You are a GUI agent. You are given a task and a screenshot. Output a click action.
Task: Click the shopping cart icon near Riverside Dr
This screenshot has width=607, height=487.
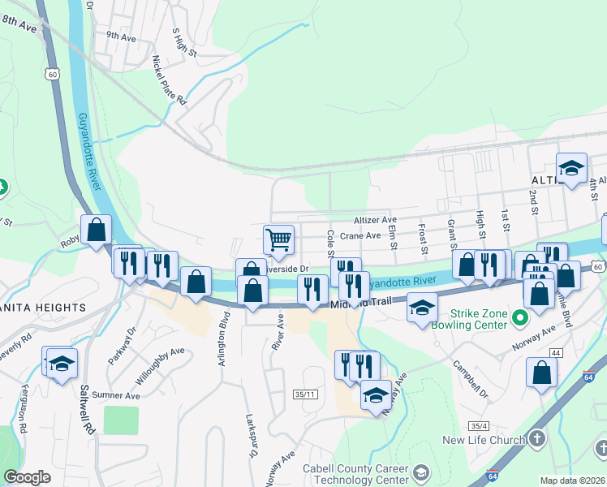(x=278, y=239)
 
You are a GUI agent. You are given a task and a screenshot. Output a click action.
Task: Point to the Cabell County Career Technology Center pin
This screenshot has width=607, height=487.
(x=420, y=472)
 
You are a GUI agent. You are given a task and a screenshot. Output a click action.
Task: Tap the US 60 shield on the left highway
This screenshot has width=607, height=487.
(x=53, y=74)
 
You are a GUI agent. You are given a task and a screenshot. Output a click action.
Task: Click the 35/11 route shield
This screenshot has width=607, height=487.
(x=303, y=394)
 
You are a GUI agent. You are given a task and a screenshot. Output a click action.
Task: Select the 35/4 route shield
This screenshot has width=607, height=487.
(x=480, y=426)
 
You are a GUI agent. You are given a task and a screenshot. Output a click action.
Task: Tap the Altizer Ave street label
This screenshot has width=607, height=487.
(x=375, y=220)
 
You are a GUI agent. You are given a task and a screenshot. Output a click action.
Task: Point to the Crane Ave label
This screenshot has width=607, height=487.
(x=360, y=236)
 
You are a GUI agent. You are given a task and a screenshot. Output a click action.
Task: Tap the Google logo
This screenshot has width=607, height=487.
(x=27, y=477)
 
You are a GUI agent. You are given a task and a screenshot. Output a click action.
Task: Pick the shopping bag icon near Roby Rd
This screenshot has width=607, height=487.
(x=97, y=231)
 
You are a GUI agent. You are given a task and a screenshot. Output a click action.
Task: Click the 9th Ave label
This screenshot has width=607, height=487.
(x=120, y=37)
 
